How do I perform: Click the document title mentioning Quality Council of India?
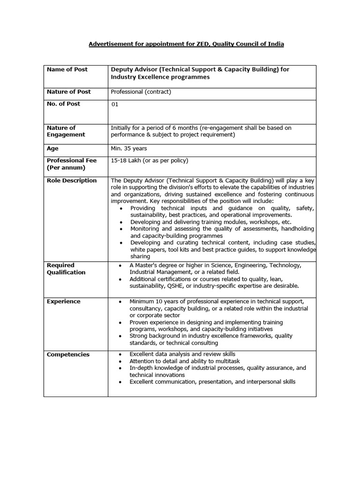[187, 44]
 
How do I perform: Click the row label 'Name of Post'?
[67, 69]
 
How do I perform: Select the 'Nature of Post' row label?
[69, 92]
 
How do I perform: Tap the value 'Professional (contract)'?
[141, 92]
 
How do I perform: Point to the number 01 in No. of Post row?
[115, 105]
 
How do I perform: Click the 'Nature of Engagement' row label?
[66, 131]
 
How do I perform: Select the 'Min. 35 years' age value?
[129, 149]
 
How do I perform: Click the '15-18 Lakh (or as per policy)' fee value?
[149, 161]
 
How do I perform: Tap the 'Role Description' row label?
[72, 180]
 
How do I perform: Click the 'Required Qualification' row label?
[66, 269]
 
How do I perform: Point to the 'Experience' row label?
[63, 301]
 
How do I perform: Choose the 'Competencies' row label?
[68, 354]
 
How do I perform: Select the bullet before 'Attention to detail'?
[121, 362]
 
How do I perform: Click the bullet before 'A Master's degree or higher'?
[121, 266]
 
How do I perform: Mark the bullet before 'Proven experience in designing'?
[121, 323]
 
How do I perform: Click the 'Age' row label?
[52, 149]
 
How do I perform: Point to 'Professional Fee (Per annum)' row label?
[71, 164]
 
